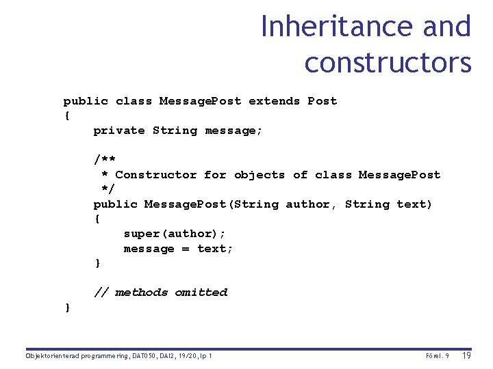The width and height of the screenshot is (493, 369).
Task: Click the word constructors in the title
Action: click(388, 63)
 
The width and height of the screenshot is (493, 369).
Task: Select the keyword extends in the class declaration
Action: click(274, 101)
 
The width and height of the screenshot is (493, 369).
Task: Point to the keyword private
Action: click(119, 131)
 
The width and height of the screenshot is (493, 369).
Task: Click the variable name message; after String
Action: click(233, 131)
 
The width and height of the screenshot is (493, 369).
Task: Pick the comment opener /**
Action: click(105, 160)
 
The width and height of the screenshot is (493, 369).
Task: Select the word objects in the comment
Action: click(260, 175)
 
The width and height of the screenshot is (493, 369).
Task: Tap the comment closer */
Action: click(108, 189)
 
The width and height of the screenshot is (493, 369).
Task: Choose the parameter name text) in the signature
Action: click(414, 204)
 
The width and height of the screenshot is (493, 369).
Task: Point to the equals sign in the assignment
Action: click(185, 249)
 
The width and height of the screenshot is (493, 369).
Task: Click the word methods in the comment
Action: click(141, 292)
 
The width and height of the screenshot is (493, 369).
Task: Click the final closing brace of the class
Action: click(67, 307)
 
